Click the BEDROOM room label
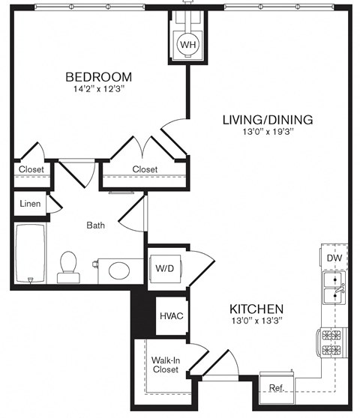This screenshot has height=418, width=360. (x=98, y=76)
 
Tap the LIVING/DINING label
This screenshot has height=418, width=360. (x=268, y=119)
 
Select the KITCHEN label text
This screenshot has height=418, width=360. (x=256, y=309)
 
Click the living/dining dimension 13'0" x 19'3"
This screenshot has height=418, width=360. (x=268, y=133)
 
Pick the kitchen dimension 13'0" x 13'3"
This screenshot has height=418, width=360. (x=256, y=321)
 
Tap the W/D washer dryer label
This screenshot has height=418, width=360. (x=163, y=268)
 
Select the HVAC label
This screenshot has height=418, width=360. (x=171, y=315)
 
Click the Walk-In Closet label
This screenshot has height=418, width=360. (x=165, y=364)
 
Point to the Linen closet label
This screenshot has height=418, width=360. (x=30, y=204)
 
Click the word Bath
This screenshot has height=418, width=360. (x=96, y=225)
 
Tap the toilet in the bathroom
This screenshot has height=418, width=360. (x=68, y=265)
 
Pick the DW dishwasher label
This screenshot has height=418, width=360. (x=335, y=258)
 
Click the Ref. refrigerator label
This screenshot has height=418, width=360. (x=276, y=387)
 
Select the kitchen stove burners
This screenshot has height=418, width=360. (x=332, y=342)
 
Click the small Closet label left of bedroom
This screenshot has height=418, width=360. (x=31, y=169)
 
